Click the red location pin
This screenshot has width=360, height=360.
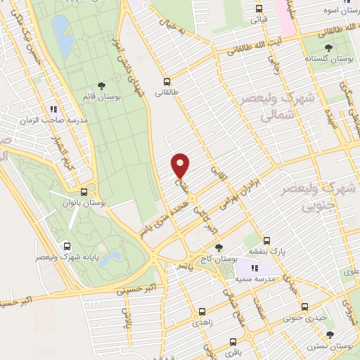point(181,165)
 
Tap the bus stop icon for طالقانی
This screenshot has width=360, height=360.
point(167,81)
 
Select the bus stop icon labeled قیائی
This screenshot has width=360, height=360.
point(259,9)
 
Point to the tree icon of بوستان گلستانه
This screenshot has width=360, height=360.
point(329,48)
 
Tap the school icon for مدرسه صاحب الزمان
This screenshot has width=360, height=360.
point(53,109)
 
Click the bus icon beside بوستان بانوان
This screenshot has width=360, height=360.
point(84,191)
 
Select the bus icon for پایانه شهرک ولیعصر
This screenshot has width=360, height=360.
point(67,246)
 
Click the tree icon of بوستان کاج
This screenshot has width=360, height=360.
point(219,247)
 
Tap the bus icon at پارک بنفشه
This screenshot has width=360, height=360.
point(267,240)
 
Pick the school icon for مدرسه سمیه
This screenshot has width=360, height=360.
point(255,267)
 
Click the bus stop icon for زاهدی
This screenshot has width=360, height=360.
point(202,311)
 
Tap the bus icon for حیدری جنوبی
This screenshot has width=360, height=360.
point(304,307)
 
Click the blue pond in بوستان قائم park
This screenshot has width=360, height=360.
point(63,37)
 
